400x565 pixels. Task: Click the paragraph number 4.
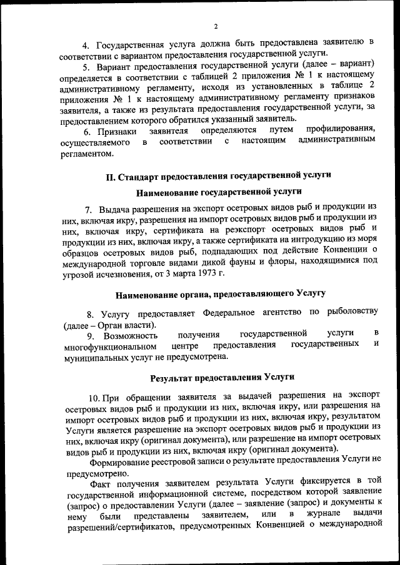87,44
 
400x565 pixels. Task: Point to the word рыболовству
350,313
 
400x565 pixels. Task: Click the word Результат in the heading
173,378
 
